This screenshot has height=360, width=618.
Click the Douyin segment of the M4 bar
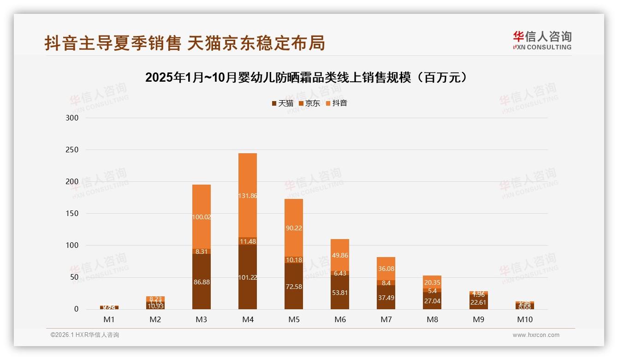click(248, 195)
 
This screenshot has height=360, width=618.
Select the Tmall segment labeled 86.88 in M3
click(202, 282)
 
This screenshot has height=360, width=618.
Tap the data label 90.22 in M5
click(294, 228)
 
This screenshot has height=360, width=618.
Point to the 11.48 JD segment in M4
click(248, 241)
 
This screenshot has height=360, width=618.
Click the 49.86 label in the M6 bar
click(340, 255)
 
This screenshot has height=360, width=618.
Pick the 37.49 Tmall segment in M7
click(386, 297)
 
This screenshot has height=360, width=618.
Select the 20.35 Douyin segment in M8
click(432, 282)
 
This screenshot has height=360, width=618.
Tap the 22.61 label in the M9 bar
click(478, 302)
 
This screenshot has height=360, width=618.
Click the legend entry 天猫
click(282, 103)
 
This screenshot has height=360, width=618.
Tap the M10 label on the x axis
click(524, 319)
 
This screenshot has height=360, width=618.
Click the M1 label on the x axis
click(109, 319)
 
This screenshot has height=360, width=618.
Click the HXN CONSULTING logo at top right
click(542, 41)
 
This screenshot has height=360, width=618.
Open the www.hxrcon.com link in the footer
click(536, 335)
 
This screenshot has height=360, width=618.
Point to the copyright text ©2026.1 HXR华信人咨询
click(85, 335)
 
